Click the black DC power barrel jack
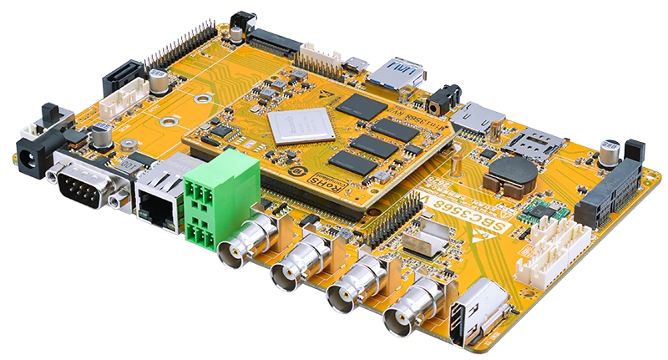point(31,154)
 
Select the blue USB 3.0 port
point(406,74)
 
